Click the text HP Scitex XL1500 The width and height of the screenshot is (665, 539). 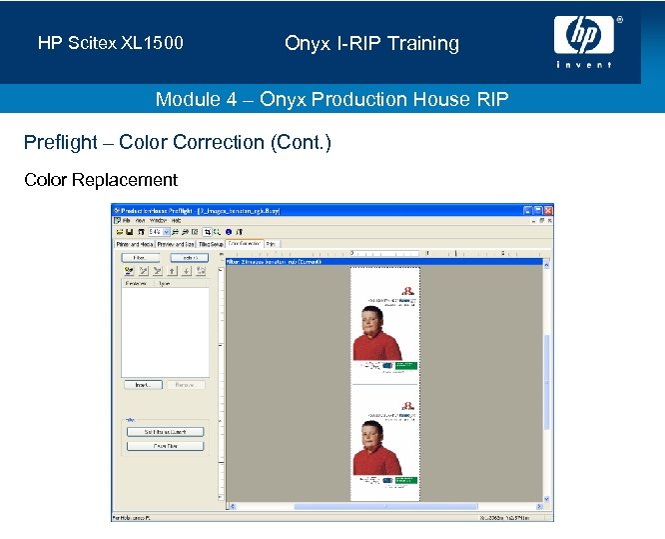pyautogui.click(x=111, y=44)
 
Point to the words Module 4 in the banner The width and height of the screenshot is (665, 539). pyautogui.click(x=199, y=99)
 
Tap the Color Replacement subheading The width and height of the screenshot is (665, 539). pyautogui.click(x=100, y=180)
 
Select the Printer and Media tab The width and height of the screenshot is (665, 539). pyautogui.click(x=135, y=243)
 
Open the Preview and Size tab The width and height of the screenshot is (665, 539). pyautogui.click(x=176, y=243)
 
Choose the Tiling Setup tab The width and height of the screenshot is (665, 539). pyautogui.click(x=211, y=243)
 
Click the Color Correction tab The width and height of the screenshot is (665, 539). pyautogui.click(x=245, y=243)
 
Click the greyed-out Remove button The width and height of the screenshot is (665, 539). pyautogui.click(x=185, y=384)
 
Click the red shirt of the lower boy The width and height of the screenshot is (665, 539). pyautogui.click(x=376, y=462)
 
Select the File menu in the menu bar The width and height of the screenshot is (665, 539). pyautogui.click(x=127, y=220)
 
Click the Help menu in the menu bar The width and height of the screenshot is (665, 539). pyautogui.click(x=176, y=220)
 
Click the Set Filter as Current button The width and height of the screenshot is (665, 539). pyautogui.click(x=165, y=432)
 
